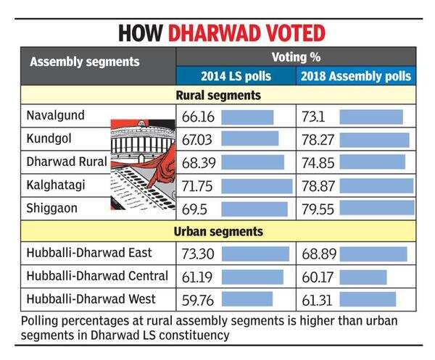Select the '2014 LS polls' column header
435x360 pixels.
236,76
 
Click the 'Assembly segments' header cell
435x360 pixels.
85,62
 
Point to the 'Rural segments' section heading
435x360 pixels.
217,95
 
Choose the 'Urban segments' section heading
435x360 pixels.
217,232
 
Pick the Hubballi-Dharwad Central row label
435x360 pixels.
97,276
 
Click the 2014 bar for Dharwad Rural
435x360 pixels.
252,162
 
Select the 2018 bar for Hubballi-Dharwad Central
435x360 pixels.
363,277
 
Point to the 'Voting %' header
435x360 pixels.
297,56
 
